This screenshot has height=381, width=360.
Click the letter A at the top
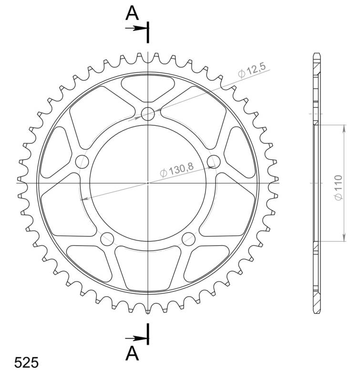(132, 13)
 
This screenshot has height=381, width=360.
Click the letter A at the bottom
(132, 353)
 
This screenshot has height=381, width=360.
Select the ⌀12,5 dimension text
(251, 71)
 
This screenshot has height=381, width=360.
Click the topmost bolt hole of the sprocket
(148, 113)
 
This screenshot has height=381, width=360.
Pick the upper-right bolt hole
(214, 160)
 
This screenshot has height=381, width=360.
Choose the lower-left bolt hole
(107, 238)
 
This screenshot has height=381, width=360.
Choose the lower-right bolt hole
(188, 238)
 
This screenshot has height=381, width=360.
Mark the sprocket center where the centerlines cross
(148, 182)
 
